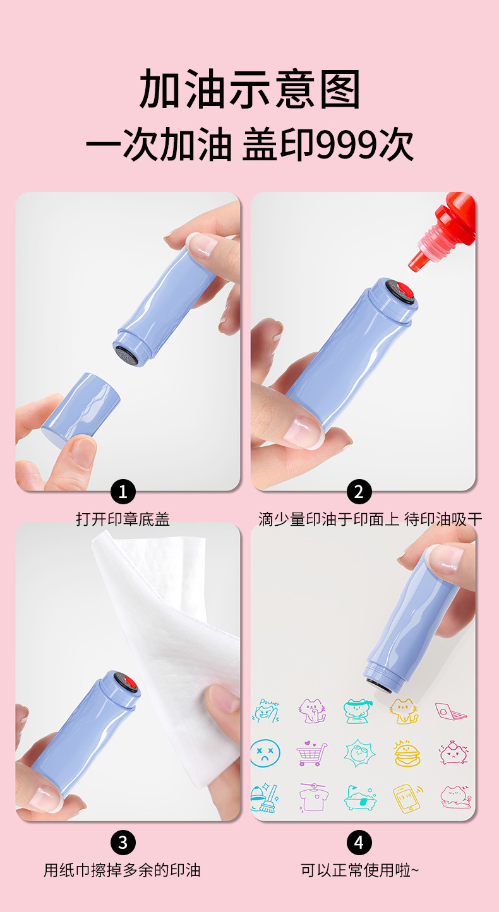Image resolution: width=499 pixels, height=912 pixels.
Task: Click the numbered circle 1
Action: pyautogui.click(x=123, y=492)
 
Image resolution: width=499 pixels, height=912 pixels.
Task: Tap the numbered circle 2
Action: pyautogui.click(x=359, y=492)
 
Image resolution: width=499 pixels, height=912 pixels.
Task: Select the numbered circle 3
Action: pyautogui.click(x=123, y=843)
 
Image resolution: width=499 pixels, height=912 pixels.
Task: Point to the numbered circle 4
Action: pyautogui.click(x=359, y=843)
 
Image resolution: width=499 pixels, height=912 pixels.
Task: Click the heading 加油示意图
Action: pyautogui.click(x=249, y=88)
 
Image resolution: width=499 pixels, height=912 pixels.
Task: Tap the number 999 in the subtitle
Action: pyautogui.click(x=347, y=145)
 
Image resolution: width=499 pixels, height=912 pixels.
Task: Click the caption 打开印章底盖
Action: pyautogui.click(x=123, y=519)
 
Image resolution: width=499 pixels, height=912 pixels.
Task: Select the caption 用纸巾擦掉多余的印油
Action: pyautogui.click(x=122, y=870)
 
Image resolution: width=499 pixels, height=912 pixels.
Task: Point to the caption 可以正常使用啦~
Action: pyautogui.click(x=359, y=870)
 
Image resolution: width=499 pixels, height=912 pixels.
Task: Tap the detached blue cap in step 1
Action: pyautogui.click(x=81, y=408)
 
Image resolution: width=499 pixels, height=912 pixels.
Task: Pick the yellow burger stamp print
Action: pyautogui.click(x=407, y=753)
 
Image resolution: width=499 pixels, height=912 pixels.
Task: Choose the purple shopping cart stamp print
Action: pyautogui.click(x=311, y=753)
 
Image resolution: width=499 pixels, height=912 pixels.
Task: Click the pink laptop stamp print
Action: pyautogui.click(x=450, y=711)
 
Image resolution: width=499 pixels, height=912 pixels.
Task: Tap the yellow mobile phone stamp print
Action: pyautogui.click(x=407, y=798)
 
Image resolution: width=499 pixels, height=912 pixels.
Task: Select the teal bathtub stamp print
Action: pyautogui.click(x=359, y=798)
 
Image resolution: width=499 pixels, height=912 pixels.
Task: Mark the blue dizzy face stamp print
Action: pyautogui.click(x=265, y=753)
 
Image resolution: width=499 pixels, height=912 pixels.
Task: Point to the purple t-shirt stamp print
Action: pyautogui.click(x=313, y=797)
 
